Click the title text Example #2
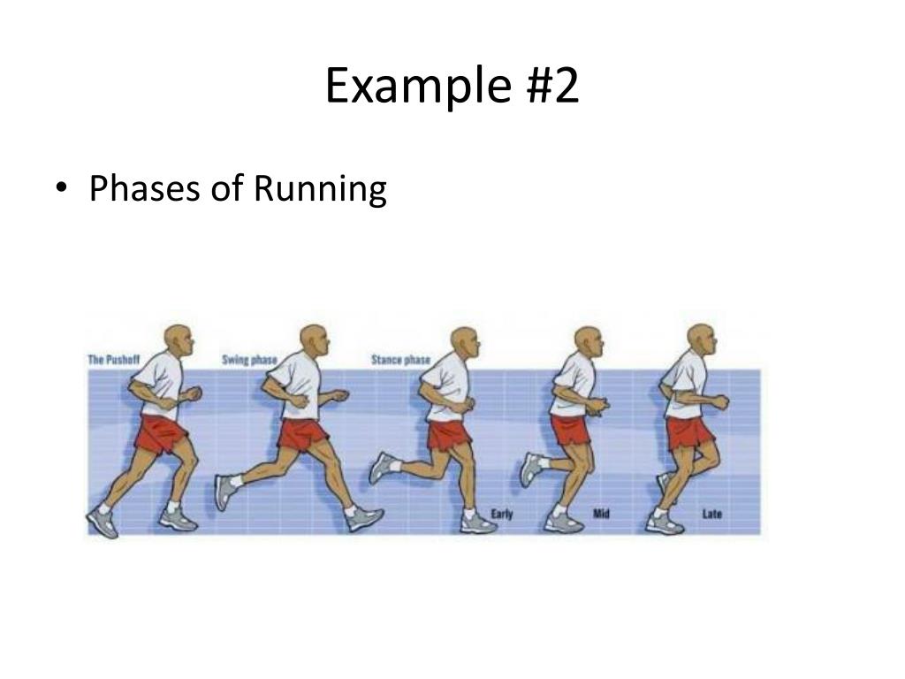(x=452, y=87)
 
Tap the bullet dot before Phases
(x=60, y=188)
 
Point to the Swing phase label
(x=248, y=360)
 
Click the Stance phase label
(x=400, y=360)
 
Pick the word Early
(x=502, y=514)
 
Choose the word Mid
(x=602, y=514)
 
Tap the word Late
(x=711, y=514)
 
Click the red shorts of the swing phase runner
(x=302, y=434)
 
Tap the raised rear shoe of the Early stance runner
(x=382, y=467)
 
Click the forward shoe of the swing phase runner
(x=363, y=518)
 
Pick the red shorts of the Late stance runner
(x=689, y=433)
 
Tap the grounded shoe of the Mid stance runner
(x=563, y=522)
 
